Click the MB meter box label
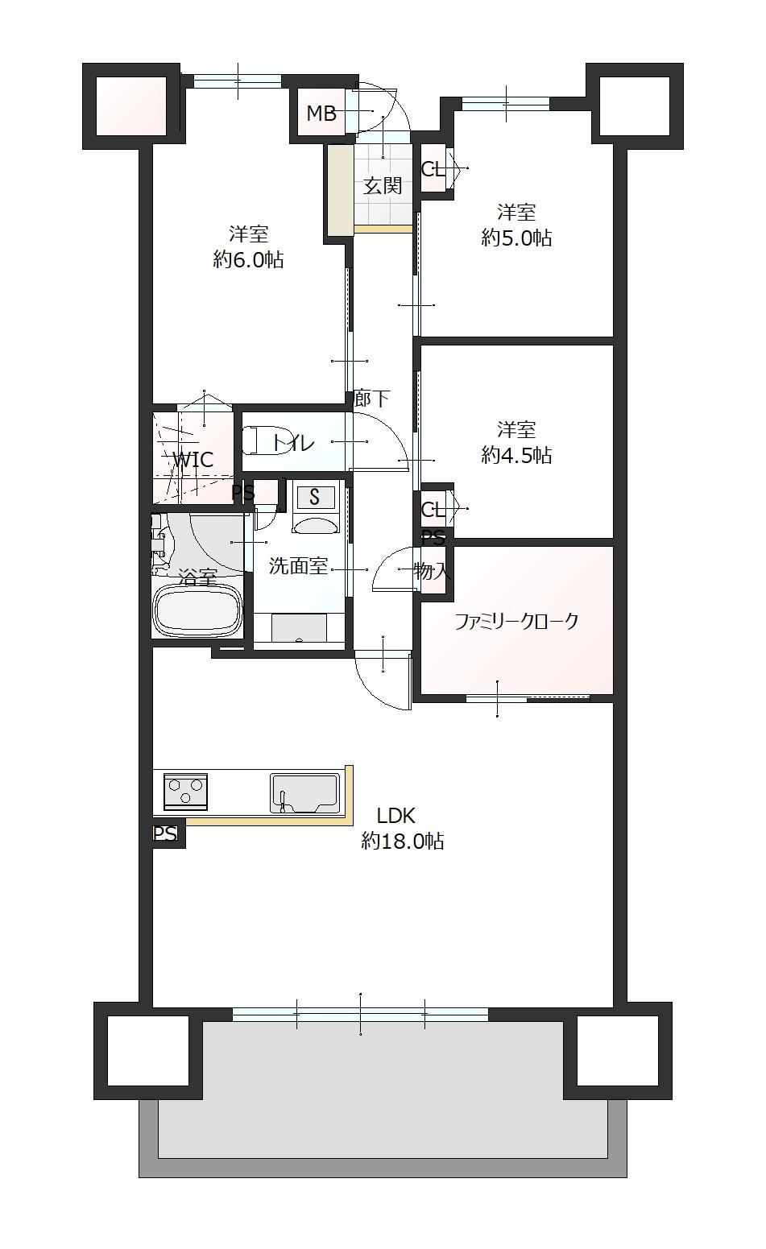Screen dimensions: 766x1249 click(x=321, y=114)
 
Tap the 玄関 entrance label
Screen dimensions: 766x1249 click(x=383, y=186)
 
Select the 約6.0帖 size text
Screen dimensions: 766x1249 click(x=248, y=260)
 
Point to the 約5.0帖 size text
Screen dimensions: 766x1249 click(x=516, y=238)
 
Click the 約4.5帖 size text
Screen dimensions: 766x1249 click(x=516, y=456)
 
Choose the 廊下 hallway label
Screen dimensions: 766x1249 click(x=372, y=399)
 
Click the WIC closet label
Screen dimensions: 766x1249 click(x=193, y=460)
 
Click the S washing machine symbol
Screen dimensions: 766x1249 click(x=315, y=497)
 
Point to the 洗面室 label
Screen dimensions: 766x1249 click(x=298, y=566)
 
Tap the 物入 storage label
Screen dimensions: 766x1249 click(x=433, y=571)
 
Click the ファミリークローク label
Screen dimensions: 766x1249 click(x=516, y=621)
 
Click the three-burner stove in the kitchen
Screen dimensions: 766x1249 click(x=186, y=792)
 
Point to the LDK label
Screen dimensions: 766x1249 click(x=395, y=816)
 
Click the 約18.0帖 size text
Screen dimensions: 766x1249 click(x=402, y=841)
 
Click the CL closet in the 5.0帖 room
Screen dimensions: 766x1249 click(x=433, y=167)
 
